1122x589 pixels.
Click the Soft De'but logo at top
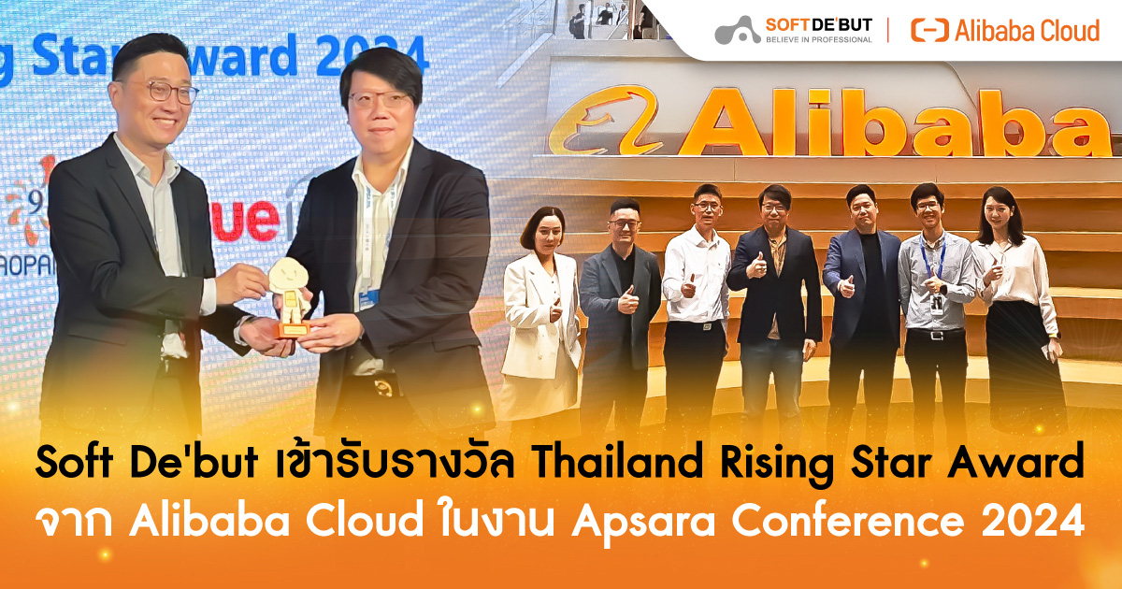tap(794, 30)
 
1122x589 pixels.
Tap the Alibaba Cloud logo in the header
tap(1005, 31)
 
